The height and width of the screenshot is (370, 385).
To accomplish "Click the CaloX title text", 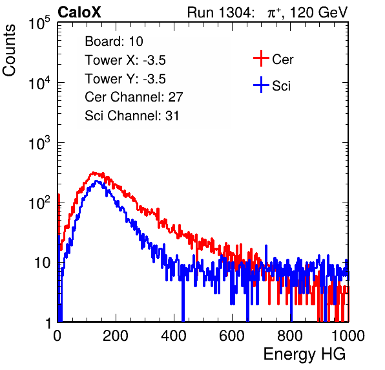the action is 79,12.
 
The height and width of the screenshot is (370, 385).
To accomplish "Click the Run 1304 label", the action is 219,12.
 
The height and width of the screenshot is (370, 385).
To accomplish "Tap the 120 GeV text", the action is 318,12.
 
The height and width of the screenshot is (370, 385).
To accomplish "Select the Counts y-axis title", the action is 9,50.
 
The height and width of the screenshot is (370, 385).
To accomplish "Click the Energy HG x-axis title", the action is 304,354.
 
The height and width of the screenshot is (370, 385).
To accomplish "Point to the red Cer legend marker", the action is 261,58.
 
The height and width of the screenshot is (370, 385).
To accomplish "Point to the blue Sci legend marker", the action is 261,85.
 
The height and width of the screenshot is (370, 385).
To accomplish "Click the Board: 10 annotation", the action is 114,41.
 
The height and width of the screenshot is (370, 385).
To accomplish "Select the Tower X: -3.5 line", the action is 125,60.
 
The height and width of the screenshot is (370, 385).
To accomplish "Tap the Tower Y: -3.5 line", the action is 125,79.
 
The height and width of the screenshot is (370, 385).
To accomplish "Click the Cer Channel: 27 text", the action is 134,97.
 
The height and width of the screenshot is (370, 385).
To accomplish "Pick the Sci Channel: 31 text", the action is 132,116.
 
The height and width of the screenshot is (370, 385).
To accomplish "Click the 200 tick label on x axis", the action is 116,336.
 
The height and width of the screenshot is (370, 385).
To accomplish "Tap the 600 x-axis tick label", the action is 232,336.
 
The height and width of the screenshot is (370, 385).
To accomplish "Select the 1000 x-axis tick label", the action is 348,336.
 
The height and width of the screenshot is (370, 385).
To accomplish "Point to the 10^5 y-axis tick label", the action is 39,23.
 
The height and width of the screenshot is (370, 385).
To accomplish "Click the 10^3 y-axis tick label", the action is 39,143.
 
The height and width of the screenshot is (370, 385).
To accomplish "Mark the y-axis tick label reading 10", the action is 42,263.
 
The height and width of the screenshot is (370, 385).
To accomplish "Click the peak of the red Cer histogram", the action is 93,173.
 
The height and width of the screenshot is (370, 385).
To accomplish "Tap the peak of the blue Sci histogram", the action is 96,181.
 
